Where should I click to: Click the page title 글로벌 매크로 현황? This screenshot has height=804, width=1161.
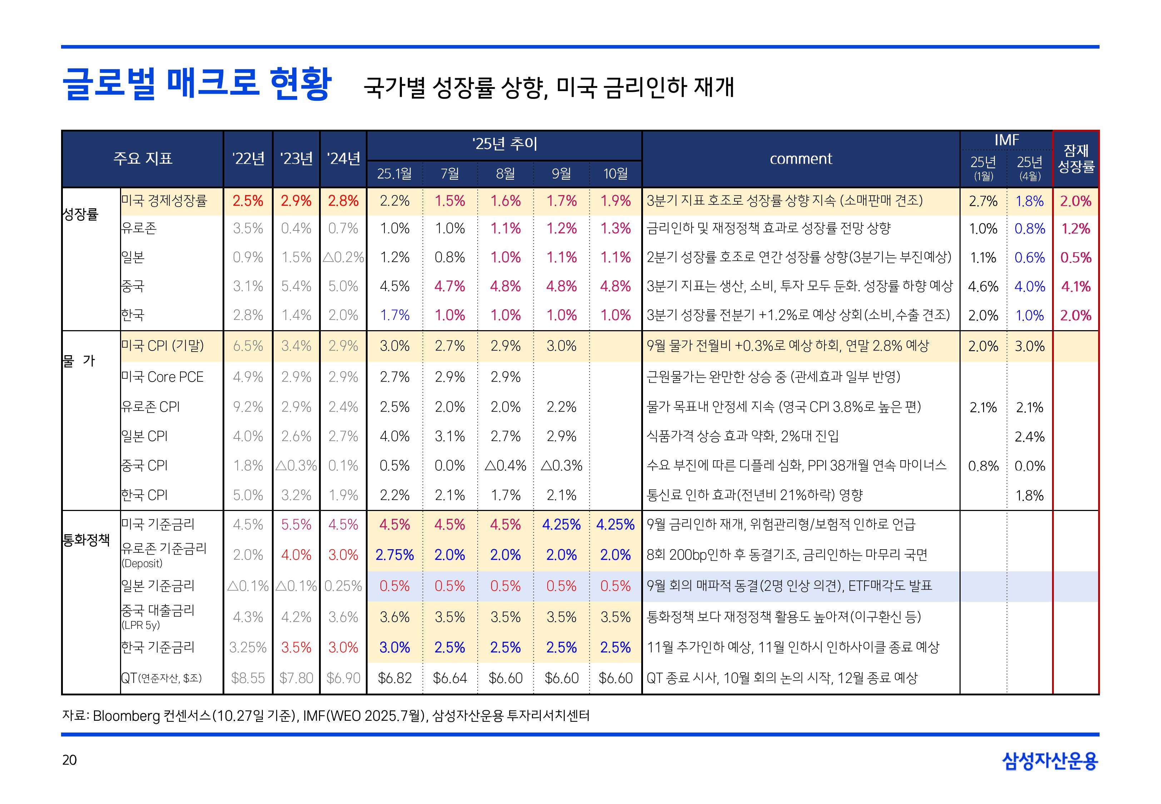click(x=196, y=84)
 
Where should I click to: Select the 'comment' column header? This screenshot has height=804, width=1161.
click(x=801, y=159)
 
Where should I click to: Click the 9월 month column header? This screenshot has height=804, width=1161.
click(x=561, y=174)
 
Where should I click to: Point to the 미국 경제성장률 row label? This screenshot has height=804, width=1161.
click(x=164, y=200)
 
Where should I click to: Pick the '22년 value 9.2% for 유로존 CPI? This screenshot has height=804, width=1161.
click(x=248, y=407)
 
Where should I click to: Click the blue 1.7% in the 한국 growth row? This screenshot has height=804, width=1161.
click(x=394, y=316)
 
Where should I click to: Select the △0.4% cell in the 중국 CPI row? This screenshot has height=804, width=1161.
click(x=505, y=466)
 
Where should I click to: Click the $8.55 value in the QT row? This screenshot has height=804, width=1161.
click(x=248, y=678)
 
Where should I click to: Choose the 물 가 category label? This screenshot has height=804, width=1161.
click(x=79, y=361)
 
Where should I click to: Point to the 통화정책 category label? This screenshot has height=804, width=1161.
click(x=86, y=540)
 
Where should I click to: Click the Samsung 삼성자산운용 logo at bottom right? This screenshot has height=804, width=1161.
click(x=1050, y=761)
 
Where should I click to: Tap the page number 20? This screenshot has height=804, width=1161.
click(x=69, y=760)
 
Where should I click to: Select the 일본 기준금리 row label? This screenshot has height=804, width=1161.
click(x=158, y=585)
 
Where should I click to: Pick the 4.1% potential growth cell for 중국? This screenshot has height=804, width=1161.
click(x=1075, y=287)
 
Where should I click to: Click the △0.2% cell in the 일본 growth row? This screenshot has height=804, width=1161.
click(x=343, y=257)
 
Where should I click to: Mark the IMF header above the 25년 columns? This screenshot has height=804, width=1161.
click(x=1006, y=140)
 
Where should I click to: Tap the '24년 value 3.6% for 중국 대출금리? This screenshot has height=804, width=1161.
click(x=343, y=617)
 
